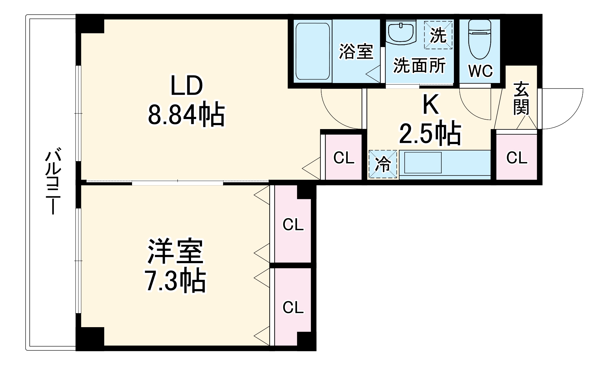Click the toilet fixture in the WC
click(479, 40)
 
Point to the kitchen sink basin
click(423, 162)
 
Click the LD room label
click(186, 86)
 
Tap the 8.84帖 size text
click(186, 115)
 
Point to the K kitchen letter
click(430, 104)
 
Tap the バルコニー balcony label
click(53, 182)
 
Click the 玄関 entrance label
click(521, 98)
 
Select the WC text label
click(480, 71)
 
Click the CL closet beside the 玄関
click(517, 158)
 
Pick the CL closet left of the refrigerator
click(344, 158)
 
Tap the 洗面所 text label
click(419, 65)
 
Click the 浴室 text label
click(356, 51)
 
